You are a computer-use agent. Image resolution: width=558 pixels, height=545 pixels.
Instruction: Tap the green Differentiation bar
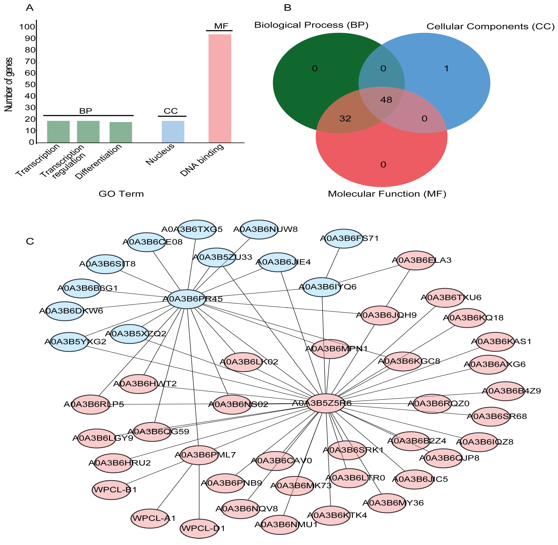pos(121,132)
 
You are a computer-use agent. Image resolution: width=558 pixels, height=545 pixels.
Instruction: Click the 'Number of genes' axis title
pos(9,84)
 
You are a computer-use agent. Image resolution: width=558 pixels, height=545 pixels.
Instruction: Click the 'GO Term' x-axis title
pos(121,194)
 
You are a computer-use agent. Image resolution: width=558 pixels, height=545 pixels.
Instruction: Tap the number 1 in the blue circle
pos(446,68)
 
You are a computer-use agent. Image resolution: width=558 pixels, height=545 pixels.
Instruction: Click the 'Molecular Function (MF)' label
pos(387,194)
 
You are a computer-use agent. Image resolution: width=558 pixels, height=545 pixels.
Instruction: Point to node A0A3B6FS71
pos(343,238)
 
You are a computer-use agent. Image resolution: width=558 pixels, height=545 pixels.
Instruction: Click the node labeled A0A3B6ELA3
pos(416,260)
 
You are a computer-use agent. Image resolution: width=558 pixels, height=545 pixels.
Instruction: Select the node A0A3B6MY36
pos(387,503)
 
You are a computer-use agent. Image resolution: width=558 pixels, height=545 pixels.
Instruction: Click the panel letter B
pos(287,8)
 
